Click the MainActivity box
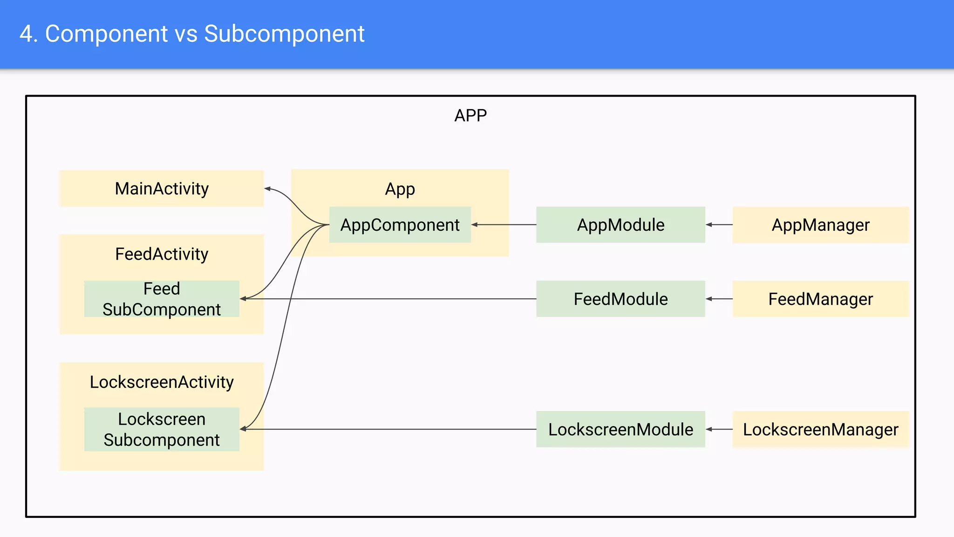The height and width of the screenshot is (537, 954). tap(161, 188)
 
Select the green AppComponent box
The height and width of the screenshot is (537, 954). tap(400, 225)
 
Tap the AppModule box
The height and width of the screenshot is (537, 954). tap(620, 225)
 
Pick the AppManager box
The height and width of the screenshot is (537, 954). tap(820, 225)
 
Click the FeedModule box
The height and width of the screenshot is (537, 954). tap(620, 299)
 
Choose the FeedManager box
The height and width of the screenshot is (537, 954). tap(820, 299)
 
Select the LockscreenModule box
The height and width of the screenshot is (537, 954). tap(620, 429)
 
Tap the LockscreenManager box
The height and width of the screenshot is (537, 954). tap(820, 429)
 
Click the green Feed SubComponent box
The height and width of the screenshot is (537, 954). tap(161, 299)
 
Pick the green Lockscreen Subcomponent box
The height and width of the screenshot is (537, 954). tap(161, 429)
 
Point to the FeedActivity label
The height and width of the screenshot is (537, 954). tap(161, 254)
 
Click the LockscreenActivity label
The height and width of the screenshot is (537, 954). tap(161, 382)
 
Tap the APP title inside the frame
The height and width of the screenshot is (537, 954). tap(470, 115)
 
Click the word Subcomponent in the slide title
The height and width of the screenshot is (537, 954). tap(284, 34)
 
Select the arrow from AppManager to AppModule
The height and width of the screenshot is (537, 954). tap(719, 225)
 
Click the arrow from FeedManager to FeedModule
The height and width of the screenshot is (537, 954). tap(719, 299)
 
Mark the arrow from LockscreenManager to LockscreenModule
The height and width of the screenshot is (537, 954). tap(719, 429)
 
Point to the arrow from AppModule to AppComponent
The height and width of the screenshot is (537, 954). tap(503, 225)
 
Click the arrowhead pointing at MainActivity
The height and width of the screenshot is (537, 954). tap(267, 189)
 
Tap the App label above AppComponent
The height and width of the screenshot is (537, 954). tap(400, 189)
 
